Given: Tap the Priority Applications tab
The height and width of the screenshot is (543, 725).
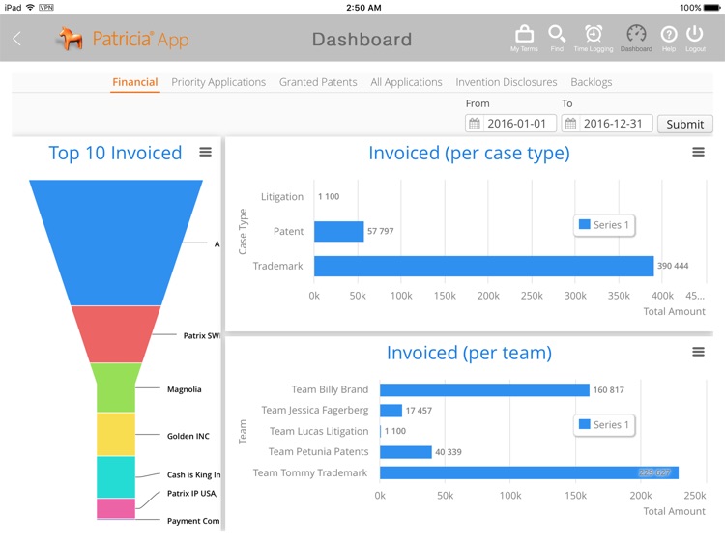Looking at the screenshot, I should tap(218, 82).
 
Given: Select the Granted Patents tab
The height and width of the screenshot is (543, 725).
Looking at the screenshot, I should tap(318, 82).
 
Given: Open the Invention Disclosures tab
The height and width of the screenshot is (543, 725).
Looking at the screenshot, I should tap(506, 82).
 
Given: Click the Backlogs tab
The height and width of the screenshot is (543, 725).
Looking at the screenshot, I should tap(591, 82).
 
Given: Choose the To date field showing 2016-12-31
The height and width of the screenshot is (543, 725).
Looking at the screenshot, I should tap(607, 124).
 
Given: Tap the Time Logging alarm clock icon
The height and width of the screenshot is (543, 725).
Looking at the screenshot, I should tap(594, 36).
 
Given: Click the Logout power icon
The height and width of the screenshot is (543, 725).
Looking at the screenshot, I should tap(694, 36).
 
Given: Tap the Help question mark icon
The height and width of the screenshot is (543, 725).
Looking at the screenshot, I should tap(668, 36).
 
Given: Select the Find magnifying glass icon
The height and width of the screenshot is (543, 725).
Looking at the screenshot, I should tap(557, 36).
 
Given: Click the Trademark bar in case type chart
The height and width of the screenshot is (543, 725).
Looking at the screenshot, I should tap(483, 266).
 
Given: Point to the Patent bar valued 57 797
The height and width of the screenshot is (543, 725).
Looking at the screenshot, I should tap(338, 231).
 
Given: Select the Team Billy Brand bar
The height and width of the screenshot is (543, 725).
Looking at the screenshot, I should tap(483, 389).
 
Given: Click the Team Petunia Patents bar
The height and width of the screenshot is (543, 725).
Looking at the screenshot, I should tap(405, 451).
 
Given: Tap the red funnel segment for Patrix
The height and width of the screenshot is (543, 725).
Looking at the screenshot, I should tap(116, 333).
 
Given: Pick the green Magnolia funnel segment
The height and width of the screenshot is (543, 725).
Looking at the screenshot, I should tap(116, 387).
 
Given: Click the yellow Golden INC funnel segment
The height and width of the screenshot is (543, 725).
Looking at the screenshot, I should tap(116, 434).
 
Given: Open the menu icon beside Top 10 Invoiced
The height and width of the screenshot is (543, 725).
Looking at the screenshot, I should tap(205, 152).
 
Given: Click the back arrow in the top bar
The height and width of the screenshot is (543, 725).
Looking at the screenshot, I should tap(16, 39).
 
